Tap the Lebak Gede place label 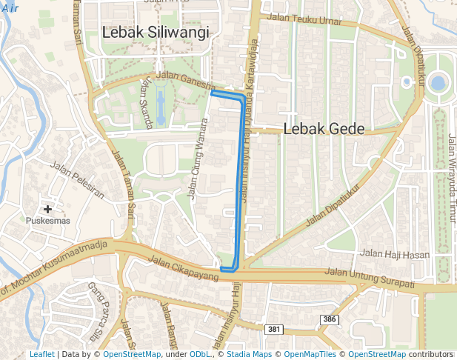[324, 129]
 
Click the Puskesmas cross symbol [48, 210]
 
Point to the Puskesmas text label [47, 221]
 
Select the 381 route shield [274, 329]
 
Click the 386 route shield [330, 319]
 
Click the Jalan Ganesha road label [190, 82]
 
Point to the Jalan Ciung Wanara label [196, 159]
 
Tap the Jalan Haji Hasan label [394, 254]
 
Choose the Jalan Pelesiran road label [79, 181]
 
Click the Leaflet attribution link [42, 355]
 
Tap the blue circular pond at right [438, 82]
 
